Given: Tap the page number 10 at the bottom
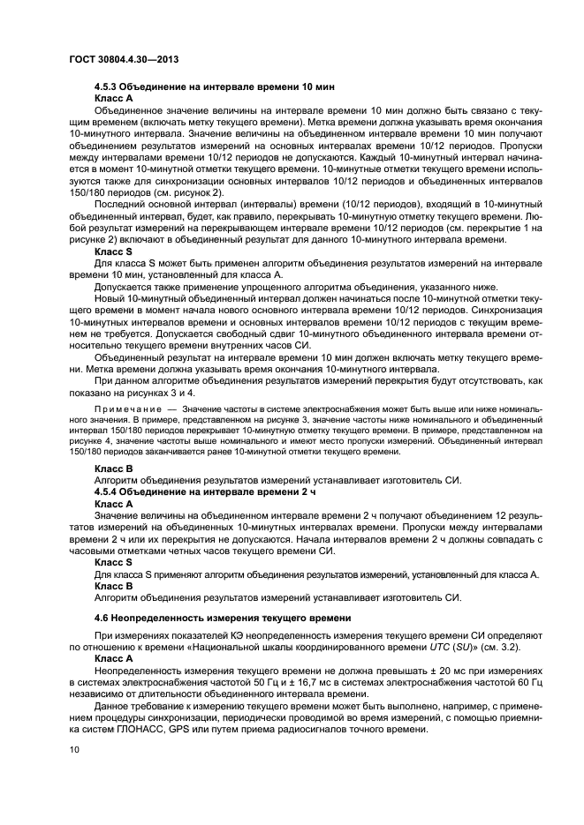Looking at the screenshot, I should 74,749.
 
